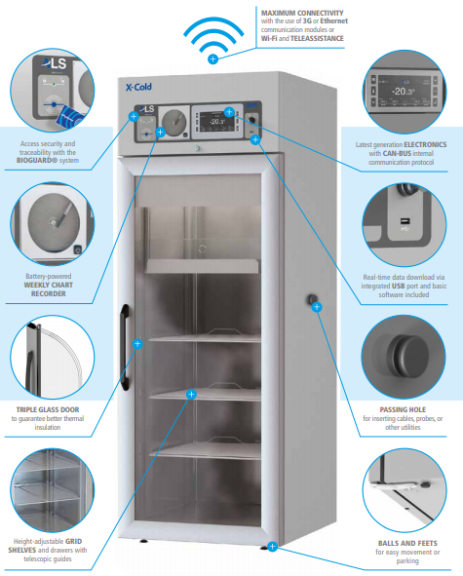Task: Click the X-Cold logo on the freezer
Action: [138, 87]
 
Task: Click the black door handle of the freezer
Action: [125, 347]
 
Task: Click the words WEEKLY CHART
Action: [48, 285]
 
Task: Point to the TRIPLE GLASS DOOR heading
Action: [48, 409]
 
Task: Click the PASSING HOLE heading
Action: [403, 409]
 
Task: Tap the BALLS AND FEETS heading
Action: [407, 543]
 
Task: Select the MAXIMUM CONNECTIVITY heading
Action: [302, 13]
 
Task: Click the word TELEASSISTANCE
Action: [317, 38]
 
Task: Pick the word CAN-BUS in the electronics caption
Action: [398, 154]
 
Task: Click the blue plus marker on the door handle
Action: [137, 344]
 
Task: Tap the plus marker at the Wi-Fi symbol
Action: [212, 58]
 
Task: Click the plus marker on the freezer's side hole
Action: [317, 307]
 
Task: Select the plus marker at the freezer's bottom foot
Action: [272, 547]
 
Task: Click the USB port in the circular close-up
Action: [405, 221]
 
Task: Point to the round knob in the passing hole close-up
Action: [406, 354]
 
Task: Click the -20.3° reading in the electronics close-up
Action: [404, 91]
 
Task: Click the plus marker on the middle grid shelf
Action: [191, 394]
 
